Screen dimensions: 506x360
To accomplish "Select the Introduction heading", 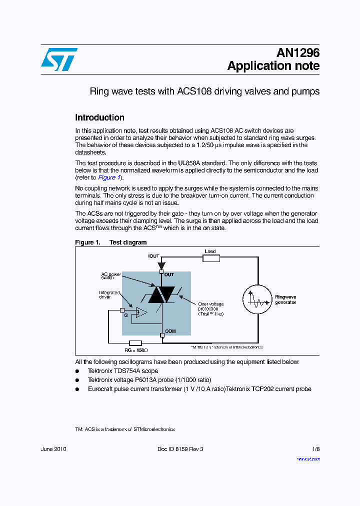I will (99, 117).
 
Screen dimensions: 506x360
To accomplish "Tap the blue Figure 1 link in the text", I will (109, 177).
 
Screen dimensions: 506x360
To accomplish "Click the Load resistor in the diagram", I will (211, 258).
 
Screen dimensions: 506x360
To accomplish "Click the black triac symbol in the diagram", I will (161, 294).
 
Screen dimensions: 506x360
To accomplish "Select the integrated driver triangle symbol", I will (140, 313).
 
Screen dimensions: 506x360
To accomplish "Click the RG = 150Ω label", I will (135, 350).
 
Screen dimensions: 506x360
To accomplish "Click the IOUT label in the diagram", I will (153, 256).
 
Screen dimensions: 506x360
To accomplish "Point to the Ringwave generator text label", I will (285, 299).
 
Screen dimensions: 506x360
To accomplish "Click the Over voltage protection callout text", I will (210, 309).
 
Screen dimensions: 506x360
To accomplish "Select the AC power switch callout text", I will (111, 275).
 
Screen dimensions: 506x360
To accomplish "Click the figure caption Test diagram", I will (128, 242).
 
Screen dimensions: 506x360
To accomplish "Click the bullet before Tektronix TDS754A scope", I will (77, 371).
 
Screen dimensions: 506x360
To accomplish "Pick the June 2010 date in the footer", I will (53, 449).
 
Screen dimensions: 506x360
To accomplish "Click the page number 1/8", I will (316, 449).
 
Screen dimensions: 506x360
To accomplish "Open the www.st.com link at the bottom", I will (308, 458).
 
